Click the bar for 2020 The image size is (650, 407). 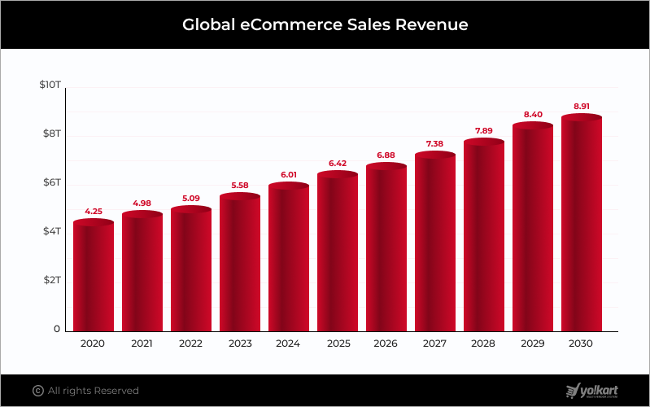pyautogui.click(x=94, y=277)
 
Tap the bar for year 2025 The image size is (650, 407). pyautogui.click(x=338, y=252)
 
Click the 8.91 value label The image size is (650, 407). pyautogui.click(x=582, y=106)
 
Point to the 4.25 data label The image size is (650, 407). pyautogui.click(x=94, y=211)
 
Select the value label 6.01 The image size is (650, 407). pyautogui.click(x=289, y=174)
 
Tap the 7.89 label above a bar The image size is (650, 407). pyautogui.click(x=484, y=130)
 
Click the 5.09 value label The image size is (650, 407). pyautogui.click(x=191, y=198)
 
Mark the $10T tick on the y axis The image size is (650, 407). pyautogui.click(x=50, y=85)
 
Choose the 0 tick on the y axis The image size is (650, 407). pyautogui.click(x=57, y=329)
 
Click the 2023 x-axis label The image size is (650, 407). pyautogui.click(x=240, y=344)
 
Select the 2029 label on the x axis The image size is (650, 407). pyautogui.click(x=533, y=344)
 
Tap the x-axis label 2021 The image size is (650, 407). pyautogui.click(x=142, y=344)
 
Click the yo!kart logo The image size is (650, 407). pyautogui.click(x=592, y=390)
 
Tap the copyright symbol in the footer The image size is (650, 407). pyautogui.click(x=37, y=391)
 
